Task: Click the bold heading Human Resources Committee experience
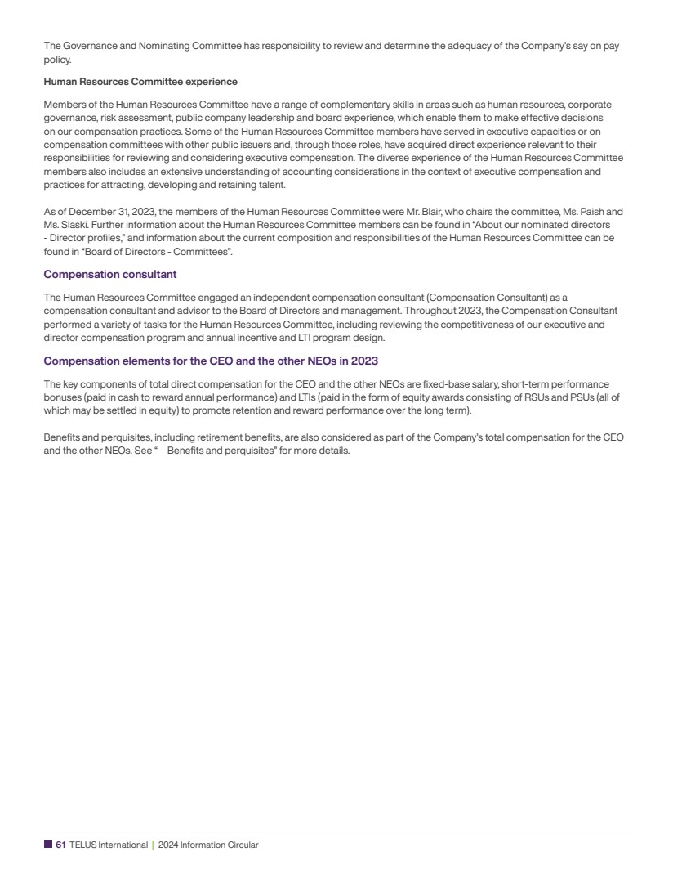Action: point(140,82)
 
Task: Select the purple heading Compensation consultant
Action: point(109,274)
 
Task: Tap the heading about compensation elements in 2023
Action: point(210,361)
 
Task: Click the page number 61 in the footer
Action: point(60,845)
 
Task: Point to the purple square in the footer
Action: point(47,845)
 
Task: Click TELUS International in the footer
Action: point(109,845)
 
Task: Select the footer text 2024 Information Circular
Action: point(208,845)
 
